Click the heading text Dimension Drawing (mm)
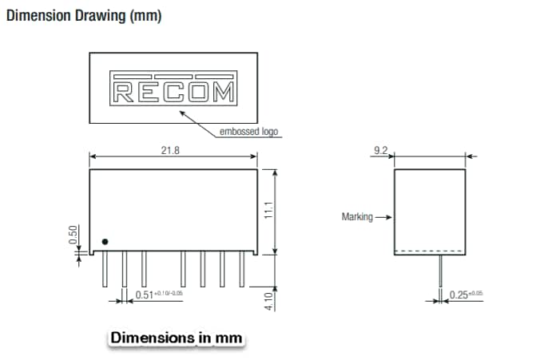84,17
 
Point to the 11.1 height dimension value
269,212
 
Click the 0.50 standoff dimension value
73,235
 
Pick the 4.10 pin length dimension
269,300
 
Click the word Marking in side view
356,216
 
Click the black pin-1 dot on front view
105,242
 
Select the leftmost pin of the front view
105,271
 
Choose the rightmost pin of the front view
240,271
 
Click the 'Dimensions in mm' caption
175,338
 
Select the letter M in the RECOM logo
224,93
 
